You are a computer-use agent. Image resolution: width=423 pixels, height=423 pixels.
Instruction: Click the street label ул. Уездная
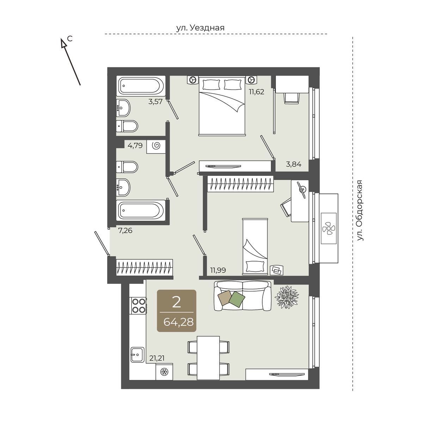200,28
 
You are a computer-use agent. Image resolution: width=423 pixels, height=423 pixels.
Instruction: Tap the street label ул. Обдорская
360,210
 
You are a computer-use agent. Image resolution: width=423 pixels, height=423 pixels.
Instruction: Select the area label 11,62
256,91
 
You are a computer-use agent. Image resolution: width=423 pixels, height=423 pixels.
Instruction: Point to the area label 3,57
155,102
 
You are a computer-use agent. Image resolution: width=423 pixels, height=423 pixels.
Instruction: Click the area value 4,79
135,145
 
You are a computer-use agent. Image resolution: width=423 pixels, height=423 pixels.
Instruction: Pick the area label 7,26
125,231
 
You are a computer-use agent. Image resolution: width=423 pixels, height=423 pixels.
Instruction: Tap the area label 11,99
218,270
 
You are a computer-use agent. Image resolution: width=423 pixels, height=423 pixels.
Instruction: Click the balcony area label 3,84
294,164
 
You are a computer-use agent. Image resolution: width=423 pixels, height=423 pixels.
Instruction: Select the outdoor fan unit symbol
329,228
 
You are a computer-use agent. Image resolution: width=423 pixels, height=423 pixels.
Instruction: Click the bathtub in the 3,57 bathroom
141,86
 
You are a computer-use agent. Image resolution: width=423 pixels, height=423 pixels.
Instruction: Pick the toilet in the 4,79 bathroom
127,167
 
